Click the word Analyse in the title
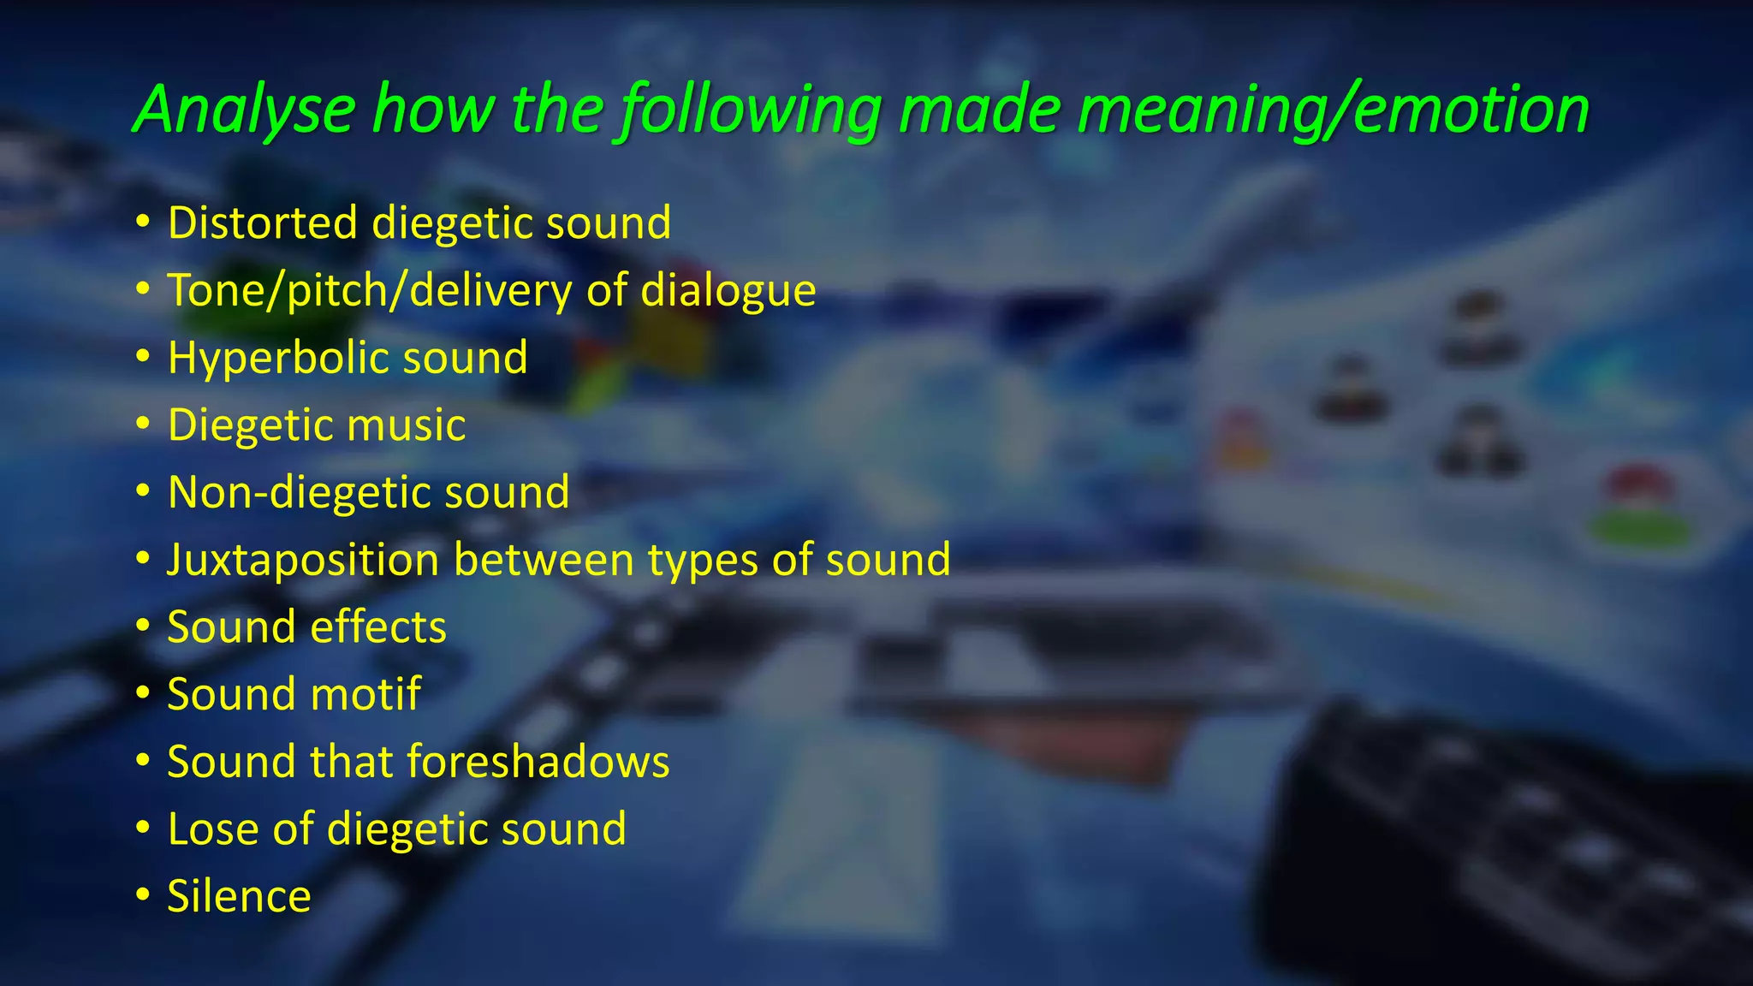(x=245, y=110)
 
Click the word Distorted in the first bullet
(x=263, y=223)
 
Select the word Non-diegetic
(x=299, y=492)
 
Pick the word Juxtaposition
(x=303, y=560)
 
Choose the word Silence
(x=239, y=896)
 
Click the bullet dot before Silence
(x=143, y=896)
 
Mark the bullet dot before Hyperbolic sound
(x=143, y=358)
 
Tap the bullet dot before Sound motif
(x=143, y=694)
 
